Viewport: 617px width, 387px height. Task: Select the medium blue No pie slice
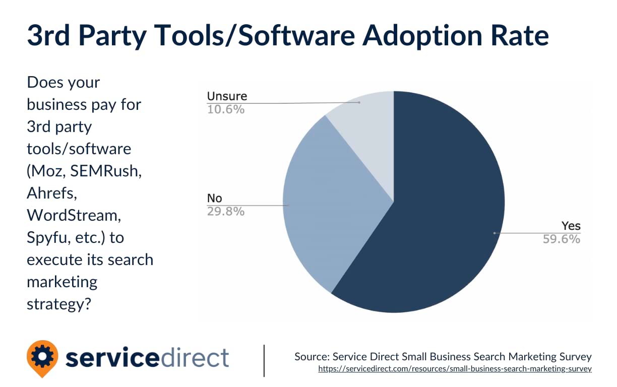pos(328,202)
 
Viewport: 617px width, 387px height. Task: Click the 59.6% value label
pos(561,239)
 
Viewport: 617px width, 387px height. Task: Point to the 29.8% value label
pos(226,211)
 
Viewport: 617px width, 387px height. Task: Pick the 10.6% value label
pos(226,109)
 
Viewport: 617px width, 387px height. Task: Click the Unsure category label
pos(227,96)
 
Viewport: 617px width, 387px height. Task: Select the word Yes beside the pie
pos(571,226)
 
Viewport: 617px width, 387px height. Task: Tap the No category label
pos(214,199)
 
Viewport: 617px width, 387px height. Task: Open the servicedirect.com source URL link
pos(455,369)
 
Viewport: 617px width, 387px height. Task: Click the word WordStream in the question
pos(74,215)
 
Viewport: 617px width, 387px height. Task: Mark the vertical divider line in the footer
pos(264,360)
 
